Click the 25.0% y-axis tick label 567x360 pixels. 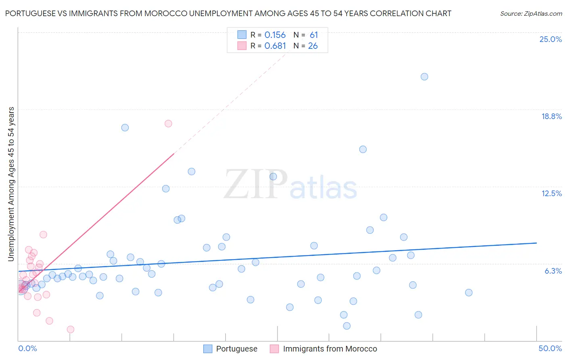coord(550,39)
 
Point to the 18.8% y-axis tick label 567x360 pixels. coord(551,116)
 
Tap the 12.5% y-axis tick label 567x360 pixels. coord(551,193)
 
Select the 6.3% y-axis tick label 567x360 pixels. coord(553,271)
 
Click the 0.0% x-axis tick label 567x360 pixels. coord(27,348)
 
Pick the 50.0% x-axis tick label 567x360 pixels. coord(550,348)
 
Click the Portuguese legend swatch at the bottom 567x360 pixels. coord(208,349)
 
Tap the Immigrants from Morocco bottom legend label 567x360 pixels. coord(330,349)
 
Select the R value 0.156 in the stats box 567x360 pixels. coord(275,35)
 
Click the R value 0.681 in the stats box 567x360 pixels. coord(275,46)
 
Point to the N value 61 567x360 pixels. coord(314,35)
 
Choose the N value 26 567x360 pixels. coord(313,46)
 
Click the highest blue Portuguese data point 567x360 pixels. coord(424,77)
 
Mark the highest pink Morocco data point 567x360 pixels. coord(168,123)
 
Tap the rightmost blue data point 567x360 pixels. coord(469,293)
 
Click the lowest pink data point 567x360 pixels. coord(71,329)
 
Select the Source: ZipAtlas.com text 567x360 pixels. coord(531,13)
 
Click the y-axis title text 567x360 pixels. coord(11,184)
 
